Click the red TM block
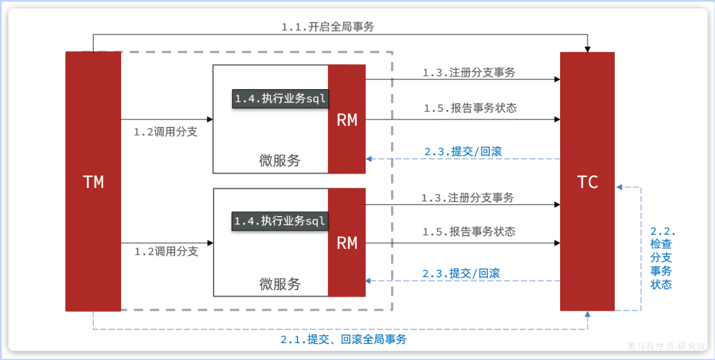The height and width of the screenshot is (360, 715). pyautogui.click(x=93, y=182)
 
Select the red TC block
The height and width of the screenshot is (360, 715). pyautogui.click(x=587, y=182)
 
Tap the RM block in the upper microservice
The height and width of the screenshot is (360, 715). pyautogui.click(x=347, y=119)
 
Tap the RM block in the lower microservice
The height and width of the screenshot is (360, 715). pyautogui.click(x=347, y=243)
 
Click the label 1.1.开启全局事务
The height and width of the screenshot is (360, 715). pyautogui.click(x=327, y=27)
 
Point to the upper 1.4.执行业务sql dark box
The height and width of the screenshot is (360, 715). pyautogui.click(x=281, y=98)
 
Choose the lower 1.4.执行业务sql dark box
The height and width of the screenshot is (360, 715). pyautogui.click(x=281, y=221)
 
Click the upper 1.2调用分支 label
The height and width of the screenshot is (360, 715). pyautogui.click(x=166, y=132)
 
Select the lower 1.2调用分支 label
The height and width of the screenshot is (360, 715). pyautogui.click(x=167, y=252)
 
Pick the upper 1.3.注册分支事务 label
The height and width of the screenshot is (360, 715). pyautogui.click(x=469, y=73)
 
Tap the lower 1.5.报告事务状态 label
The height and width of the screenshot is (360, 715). pyautogui.click(x=469, y=231)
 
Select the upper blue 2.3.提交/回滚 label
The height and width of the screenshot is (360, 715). pyautogui.click(x=463, y=151)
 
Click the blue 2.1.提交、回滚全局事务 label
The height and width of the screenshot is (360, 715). pyautogui.click(x=344, y=340)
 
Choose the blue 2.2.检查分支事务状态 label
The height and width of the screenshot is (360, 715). pyautogui.click(x=661, y=257)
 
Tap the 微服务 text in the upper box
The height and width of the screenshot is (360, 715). pyautogui.click(x=279, y=161)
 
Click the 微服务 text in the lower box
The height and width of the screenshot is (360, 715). pyautogui.click(x=279, y=284)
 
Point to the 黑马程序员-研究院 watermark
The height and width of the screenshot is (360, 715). pyautogui.click(x=666, y=346)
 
